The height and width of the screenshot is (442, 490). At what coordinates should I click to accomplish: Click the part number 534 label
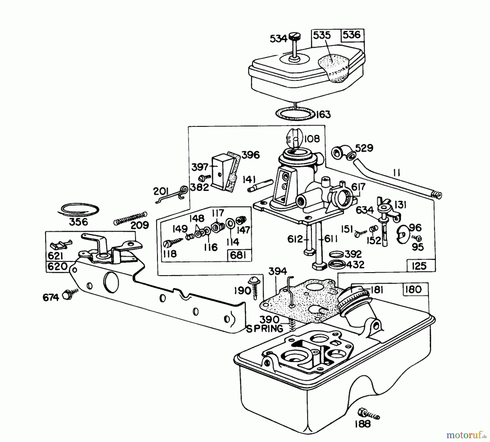(278, 39)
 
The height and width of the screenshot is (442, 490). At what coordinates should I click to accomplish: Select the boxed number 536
(352, 35)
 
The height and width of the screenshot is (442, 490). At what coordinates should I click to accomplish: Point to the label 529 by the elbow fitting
(364, 148)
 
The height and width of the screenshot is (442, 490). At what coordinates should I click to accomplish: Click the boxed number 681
(238, 255)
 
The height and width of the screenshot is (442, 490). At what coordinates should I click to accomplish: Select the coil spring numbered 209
(130, 219)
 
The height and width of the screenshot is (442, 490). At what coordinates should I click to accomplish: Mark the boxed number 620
(57, 266)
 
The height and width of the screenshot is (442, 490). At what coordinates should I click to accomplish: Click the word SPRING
(264, 329)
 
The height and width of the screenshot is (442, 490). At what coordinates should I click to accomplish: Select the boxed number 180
(413, 289)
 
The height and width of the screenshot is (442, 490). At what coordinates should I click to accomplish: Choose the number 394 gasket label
(277, 271)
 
